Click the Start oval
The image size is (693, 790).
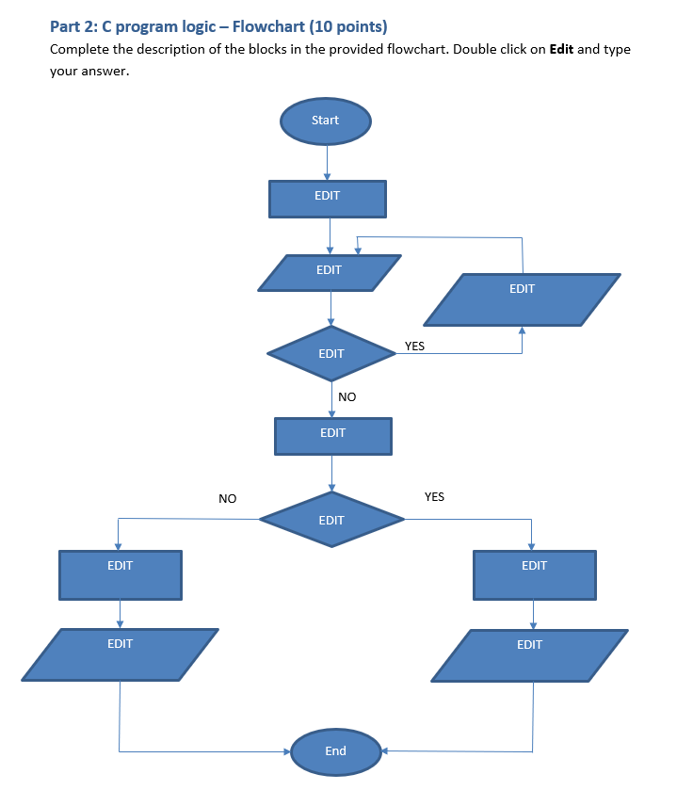pos(325,121)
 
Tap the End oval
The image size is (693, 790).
pos(335,750)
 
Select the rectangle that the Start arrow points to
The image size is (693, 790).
pos(328,198)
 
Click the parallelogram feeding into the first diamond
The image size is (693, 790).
pos(329,272)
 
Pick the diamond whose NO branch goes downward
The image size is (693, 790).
pos(331,354)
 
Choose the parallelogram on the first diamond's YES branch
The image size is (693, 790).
pos(522,299)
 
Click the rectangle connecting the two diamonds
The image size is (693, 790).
pos(332,435)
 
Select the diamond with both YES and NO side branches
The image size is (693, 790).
pos(331,519)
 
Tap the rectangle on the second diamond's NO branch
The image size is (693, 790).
pos(120,574)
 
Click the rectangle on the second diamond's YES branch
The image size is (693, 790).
pos(534,574)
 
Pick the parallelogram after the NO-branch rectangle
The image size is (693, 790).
pos(120,653)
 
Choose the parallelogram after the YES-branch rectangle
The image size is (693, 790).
pos(529,653)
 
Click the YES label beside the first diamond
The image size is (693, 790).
pos(414,347)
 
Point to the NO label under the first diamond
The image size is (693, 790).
pos(347,397)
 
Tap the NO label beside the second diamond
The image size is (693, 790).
pos(227,498)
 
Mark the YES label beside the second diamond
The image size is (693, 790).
pos(434,496)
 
